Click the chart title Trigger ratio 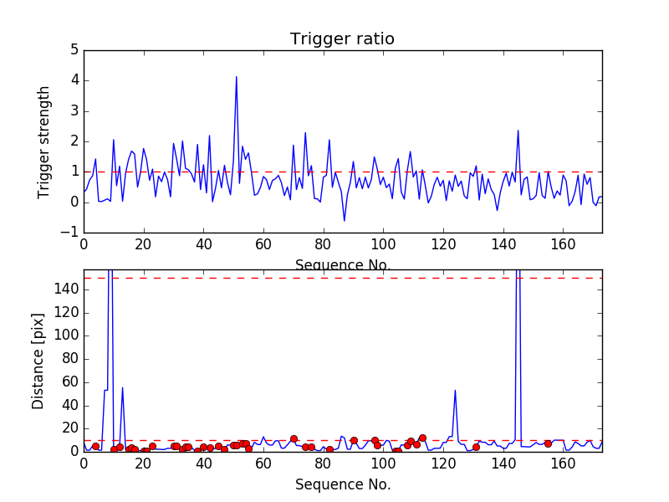[342, 39]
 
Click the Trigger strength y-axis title [44, 141]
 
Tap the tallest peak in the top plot [237, 77]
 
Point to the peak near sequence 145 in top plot [518, 131]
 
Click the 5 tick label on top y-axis [74, 50]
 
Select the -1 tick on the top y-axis [69, 232]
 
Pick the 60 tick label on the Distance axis [69, 382]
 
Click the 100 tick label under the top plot [383, 244]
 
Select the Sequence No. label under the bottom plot [343, 484]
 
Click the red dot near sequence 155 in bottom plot [548, 443]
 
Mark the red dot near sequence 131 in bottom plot [476, 447]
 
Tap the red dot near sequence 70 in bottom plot [294, 438]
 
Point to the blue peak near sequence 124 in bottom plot [455, 390]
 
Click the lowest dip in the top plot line [345, 221]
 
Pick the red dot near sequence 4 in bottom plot [95, 446]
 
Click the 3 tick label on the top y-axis [74, 110]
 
